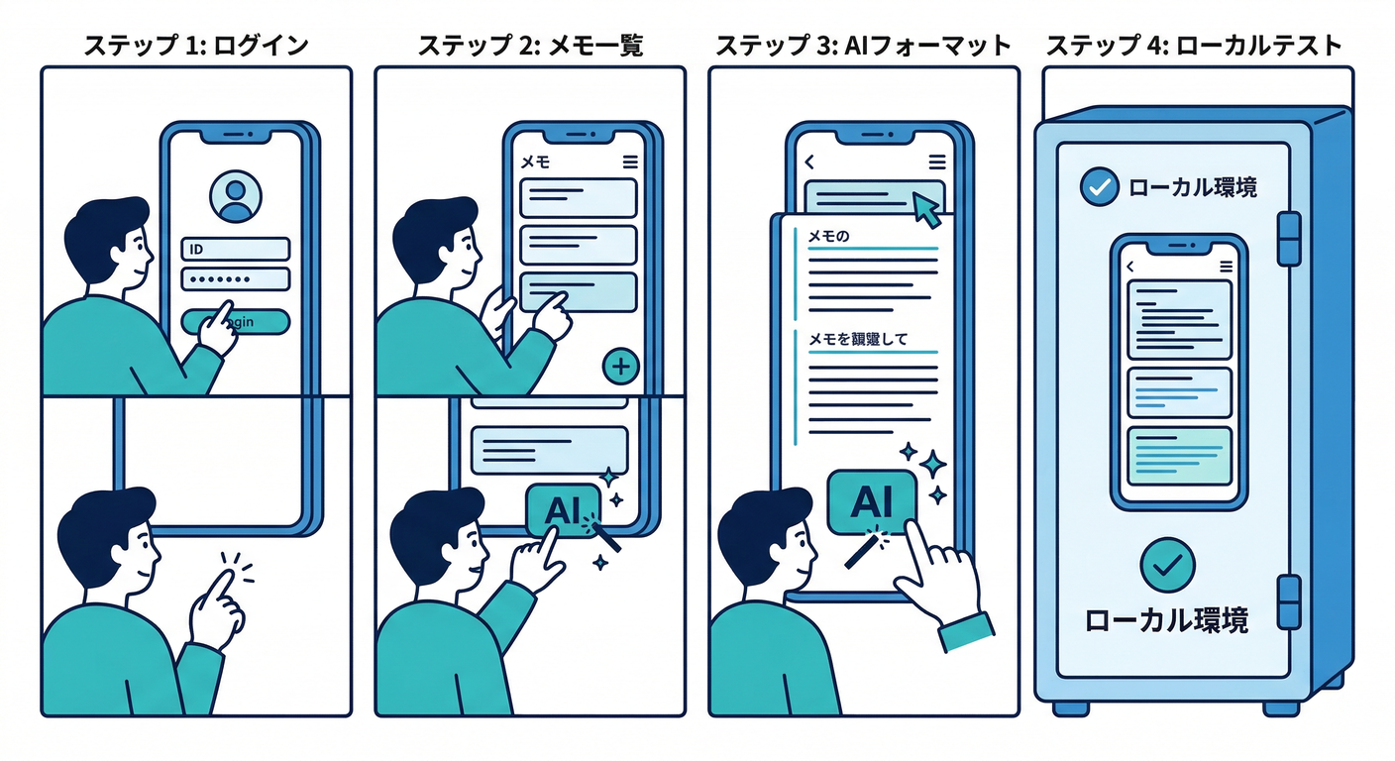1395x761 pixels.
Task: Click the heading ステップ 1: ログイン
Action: click(x=195, y=46)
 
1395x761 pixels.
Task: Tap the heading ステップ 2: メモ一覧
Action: click(x=529, y=46)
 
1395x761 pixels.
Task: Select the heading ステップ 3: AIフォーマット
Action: click(x=863, y=46)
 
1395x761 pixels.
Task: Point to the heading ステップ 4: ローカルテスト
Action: click(x=1194, y=46)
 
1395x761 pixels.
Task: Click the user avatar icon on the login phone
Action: click(x=236, y=196)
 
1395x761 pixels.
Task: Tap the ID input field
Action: click(x=236, y=249)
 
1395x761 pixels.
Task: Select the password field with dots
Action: click(x=236, y=278)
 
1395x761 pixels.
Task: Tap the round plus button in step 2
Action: click(x=621, y=368)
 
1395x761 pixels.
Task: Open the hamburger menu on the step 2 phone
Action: click(x=630, y=163)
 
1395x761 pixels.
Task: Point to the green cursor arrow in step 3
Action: click(x=925, y=209)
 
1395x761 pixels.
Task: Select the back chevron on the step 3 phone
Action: click(x=809, y=163)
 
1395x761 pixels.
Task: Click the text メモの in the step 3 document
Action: click(x=830, y=236)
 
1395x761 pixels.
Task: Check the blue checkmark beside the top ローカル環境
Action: click(x=1098, y=186)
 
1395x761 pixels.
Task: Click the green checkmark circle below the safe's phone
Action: click(x=1167, y=565)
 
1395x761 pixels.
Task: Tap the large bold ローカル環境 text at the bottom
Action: click(x=1167, y=620)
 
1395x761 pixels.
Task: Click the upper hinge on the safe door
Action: click(x=1288, y=238)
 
